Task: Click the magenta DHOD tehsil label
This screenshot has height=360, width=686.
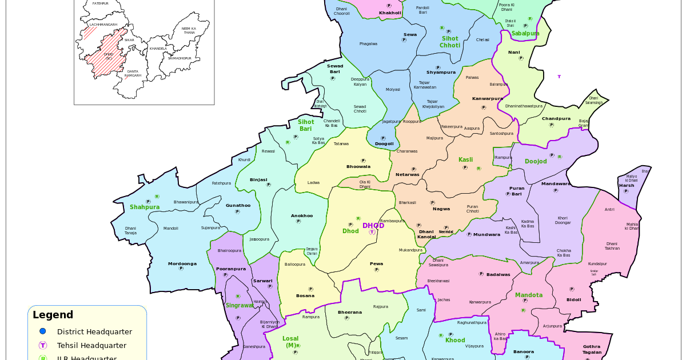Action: point(373,226)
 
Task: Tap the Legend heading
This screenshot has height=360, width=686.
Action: point(53,315)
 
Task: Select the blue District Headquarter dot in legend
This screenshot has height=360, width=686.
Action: point(42,331)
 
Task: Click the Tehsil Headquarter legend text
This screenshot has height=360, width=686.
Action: point(91,346)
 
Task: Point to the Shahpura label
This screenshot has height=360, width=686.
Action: point(145,207)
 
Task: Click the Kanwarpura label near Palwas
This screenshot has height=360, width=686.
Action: point(488,98)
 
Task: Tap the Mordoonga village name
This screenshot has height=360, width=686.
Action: point(182,263)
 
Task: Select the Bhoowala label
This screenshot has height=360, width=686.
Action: point(358,167)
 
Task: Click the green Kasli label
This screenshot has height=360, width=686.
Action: point(465,160)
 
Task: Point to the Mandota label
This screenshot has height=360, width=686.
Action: point(529,295)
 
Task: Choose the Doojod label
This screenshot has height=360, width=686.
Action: point(536,162)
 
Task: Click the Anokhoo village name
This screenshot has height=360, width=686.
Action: point(302,215)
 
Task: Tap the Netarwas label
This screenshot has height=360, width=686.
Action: point(408,174)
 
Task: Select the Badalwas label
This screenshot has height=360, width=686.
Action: point(498,274)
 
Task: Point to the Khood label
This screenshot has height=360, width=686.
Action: point(455,341)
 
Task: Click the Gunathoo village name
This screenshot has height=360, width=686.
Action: point(238,205)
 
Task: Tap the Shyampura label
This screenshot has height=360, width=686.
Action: point(441,73)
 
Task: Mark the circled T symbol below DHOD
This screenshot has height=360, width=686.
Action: point(372,232)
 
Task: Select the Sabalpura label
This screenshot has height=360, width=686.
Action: point(525,34)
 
